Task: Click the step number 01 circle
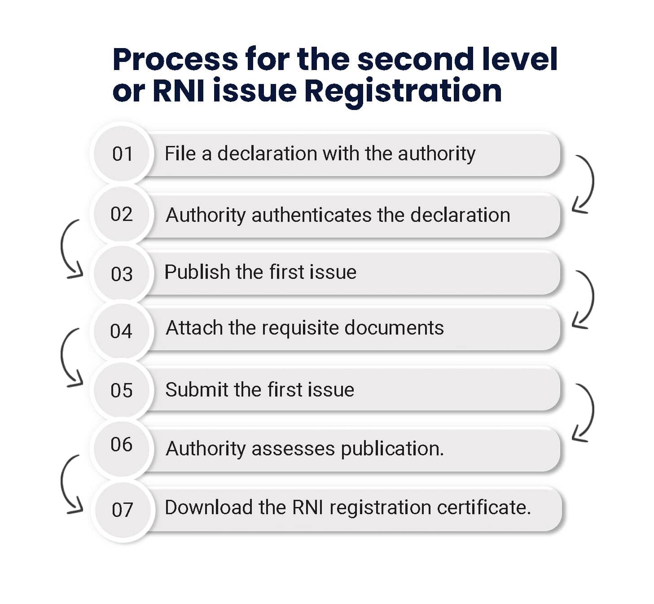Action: pos(122,154)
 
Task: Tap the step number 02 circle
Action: pos(122,214)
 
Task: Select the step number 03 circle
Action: pos(122,273)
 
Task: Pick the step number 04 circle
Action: pos(122,331)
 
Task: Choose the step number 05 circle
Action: pos(122,390)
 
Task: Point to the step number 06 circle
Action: pos(122,445)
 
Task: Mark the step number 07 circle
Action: pos(123,510)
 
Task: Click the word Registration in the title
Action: pos(403,91)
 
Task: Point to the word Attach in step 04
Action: pos(194,328)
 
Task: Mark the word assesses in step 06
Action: pos(293,449)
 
